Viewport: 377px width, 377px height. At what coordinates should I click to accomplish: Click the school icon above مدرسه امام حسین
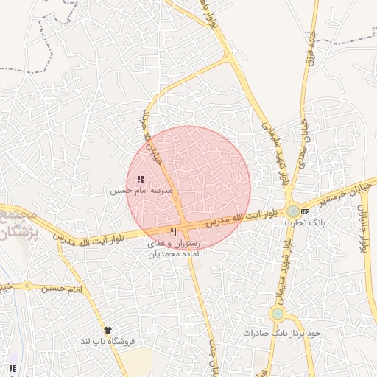pyautogui.click(x=140, y=179)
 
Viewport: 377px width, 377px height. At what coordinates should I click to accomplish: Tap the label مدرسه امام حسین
pyautogui.click(x=141, y=190)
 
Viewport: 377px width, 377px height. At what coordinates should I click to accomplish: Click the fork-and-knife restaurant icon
pyautogui.click(x=173, y=233)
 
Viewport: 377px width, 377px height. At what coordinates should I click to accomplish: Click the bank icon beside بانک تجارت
pyautogui.click(x=306, y=211)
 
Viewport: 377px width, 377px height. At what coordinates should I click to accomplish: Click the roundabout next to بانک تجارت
pyautogui.click(x=293, y=211)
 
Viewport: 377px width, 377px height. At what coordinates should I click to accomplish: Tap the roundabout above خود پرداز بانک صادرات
pyautogui.click(x=277, y=314)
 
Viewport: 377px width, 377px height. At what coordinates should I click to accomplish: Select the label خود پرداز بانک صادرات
pyautogui.click(x=283, y=333)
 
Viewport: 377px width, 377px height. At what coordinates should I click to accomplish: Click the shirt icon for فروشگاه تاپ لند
pyautogui.click(x=109, y=330)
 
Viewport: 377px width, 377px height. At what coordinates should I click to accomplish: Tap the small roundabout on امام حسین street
pyautogui.click(x=27, y=286)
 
